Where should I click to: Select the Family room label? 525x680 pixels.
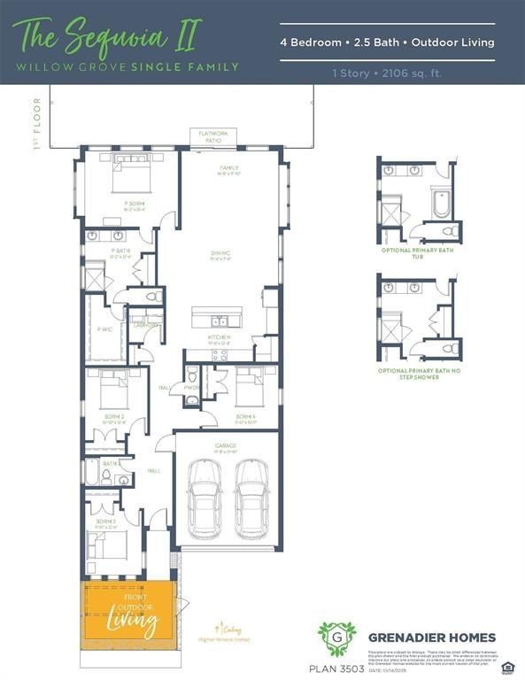pos(229,169)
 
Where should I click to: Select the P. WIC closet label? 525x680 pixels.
pos(104,329)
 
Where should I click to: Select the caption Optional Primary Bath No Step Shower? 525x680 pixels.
pos(415,375)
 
